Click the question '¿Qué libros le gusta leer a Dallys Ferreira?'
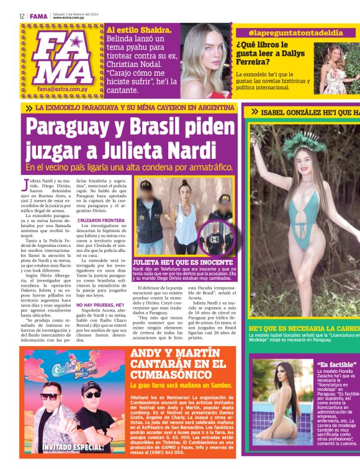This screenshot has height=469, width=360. pos(271,55)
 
